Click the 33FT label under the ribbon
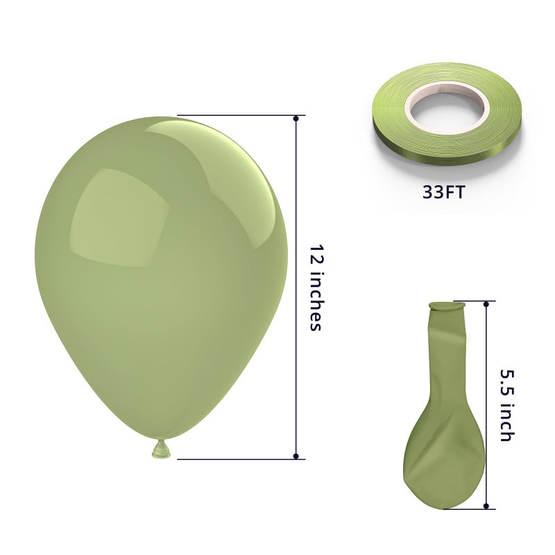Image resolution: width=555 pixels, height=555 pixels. [x=443, y=193]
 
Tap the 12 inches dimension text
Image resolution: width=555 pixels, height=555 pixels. [x=316, y=287]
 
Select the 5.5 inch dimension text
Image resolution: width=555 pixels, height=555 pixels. [x=506, y=405]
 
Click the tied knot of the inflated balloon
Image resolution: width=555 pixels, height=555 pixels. [x=162, y=449]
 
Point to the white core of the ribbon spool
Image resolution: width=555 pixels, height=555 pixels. [x=447, y=105]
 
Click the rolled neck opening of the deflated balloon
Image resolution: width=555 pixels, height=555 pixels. [x=447, y=306]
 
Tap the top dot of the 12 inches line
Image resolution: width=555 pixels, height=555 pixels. [x=296, y=118]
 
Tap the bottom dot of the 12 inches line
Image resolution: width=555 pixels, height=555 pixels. [x=296, y=456]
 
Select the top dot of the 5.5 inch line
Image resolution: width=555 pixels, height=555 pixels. [x=486, y=304]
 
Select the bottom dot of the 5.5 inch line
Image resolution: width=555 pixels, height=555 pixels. [x=486, y=506]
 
